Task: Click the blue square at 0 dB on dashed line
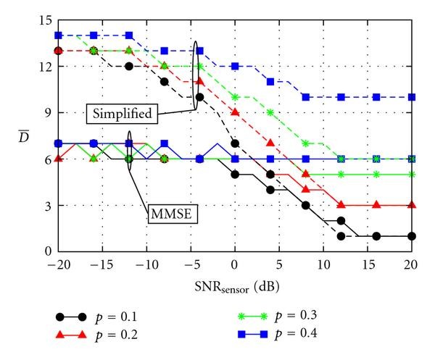234,66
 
